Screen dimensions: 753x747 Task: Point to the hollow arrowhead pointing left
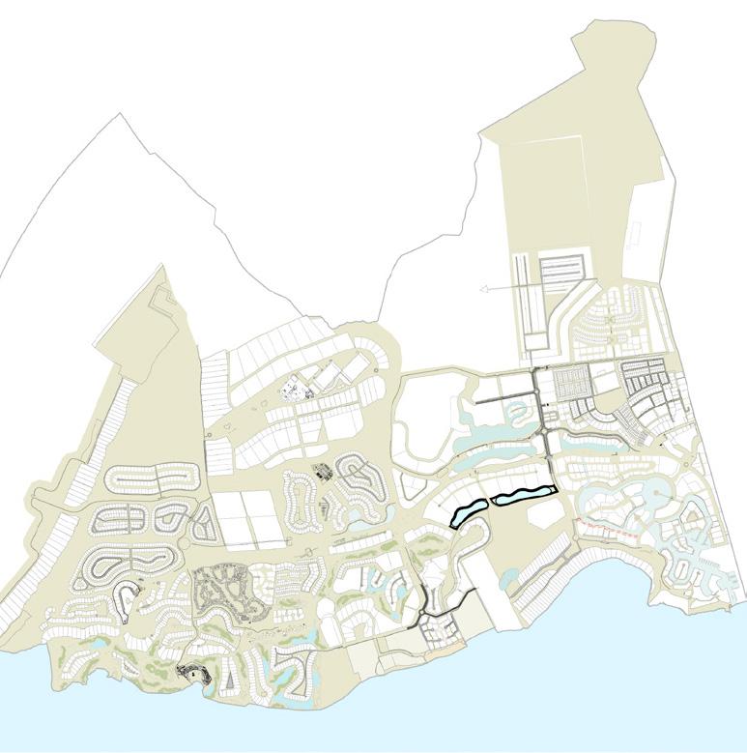(485, 288)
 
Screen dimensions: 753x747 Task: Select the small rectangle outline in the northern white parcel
(637, 232)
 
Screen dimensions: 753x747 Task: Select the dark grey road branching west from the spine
(503, 396)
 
